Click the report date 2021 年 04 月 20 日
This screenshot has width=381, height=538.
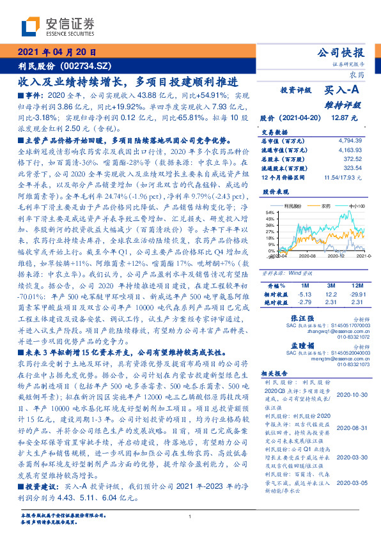click(57, 52)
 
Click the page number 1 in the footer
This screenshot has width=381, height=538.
click(190, 516)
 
